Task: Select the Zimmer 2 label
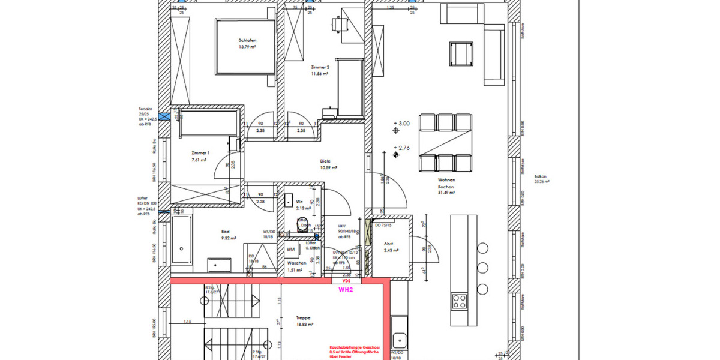pyautogui.click(x=320, y=68)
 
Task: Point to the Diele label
pyautogui.click(x=326, y=161)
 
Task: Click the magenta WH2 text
pyautogui.click(x=346, y=289)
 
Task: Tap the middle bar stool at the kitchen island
pyautogui.click(x=482, y=268)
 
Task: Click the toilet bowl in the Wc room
pyautogui.click(x=302, y=225)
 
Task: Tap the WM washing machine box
pyautogui.click(x=291, y=248)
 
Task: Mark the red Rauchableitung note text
pyautogui.click(x=355, y=351)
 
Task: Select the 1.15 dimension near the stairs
pyautogui.click(x=187, y=323)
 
